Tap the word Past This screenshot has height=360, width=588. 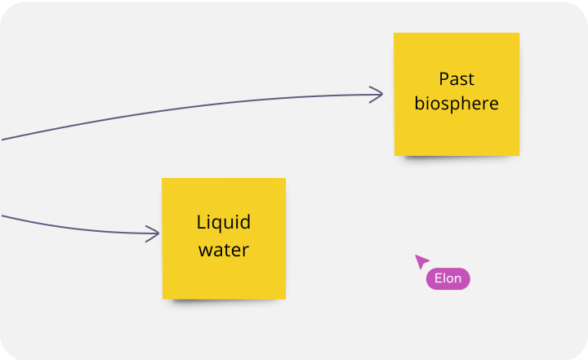(x=457, y=79)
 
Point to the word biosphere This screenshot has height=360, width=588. (x=457, y=104)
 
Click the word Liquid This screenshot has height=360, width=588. (x=224, y=223)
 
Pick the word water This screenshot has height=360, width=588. (x=224, y=249)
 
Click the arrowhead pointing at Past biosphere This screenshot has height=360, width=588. (x=378, y=95)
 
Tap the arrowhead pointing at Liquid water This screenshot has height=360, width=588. (x=154, y=234)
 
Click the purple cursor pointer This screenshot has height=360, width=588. (x=421, y=261)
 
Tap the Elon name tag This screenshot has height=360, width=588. (x=448, y=278)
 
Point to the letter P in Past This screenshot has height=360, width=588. (x=443, y=79)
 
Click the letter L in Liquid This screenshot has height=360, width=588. (x=201, y=222)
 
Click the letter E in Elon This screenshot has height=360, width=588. (x=438, y=278)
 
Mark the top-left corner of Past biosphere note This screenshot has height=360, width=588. (x=395, y=34)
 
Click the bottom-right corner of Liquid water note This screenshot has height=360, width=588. (x=284, y=297)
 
